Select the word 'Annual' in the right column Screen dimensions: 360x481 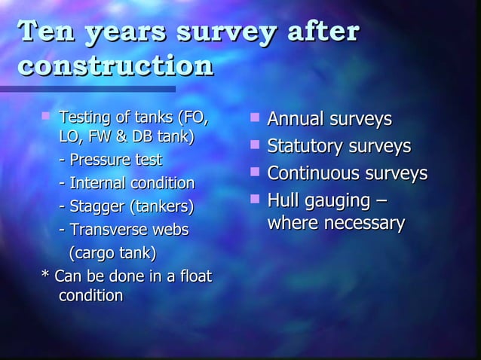pos(294,120)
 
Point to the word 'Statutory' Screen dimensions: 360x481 pos(304,146)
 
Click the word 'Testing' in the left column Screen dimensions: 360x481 pos(83,117)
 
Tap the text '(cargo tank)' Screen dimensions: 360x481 pos(113,252)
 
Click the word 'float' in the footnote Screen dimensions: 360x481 pos(195,276)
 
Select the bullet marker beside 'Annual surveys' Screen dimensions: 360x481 pos(255,118)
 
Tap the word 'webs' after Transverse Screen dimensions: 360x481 pos(170,229)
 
